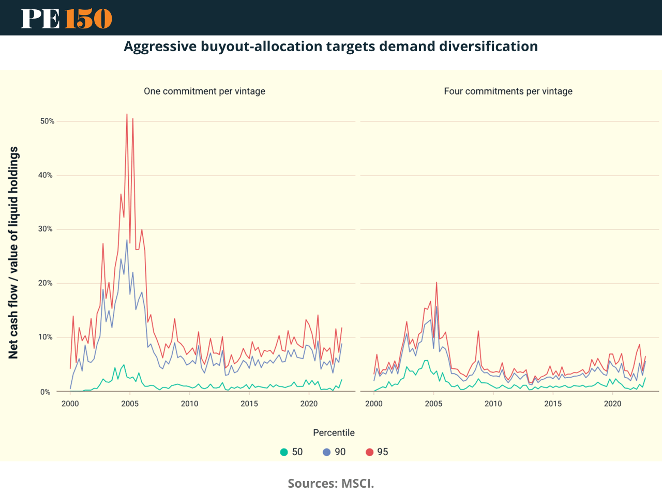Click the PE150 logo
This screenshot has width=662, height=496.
[x=66, y=19]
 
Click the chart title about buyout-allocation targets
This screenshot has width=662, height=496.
[x=331, y=47]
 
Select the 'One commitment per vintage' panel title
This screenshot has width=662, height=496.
[x=204, y=91]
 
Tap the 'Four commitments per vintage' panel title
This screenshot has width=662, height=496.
[x=508, y=91]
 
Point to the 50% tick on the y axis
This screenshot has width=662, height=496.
[x=47, y=121]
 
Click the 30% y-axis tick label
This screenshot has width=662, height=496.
[x=46, y=229]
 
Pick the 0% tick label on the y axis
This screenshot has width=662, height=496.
[x=46, y=392]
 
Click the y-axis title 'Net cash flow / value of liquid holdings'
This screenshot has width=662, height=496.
[x=13, y=253]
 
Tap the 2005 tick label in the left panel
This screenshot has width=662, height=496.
[x=130, y=404]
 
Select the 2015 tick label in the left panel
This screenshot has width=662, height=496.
[x=249, y=404]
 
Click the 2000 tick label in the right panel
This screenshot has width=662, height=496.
[x=374, y=404]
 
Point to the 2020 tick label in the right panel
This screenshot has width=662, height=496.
[x=613, y=404]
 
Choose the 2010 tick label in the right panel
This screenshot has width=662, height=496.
[x=493, y=404]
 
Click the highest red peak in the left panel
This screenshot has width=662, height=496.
[x=127, y=114]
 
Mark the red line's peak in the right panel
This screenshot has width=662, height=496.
[x=437, y=282]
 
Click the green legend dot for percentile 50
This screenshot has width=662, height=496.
[x=284, y=452]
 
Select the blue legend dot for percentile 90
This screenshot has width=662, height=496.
[x=327, y=452]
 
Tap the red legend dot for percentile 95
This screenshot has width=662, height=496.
[x=369, y=452]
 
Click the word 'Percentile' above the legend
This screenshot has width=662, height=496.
[x=334, y=433]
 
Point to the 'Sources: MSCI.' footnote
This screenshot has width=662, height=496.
[x=330, y=484]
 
